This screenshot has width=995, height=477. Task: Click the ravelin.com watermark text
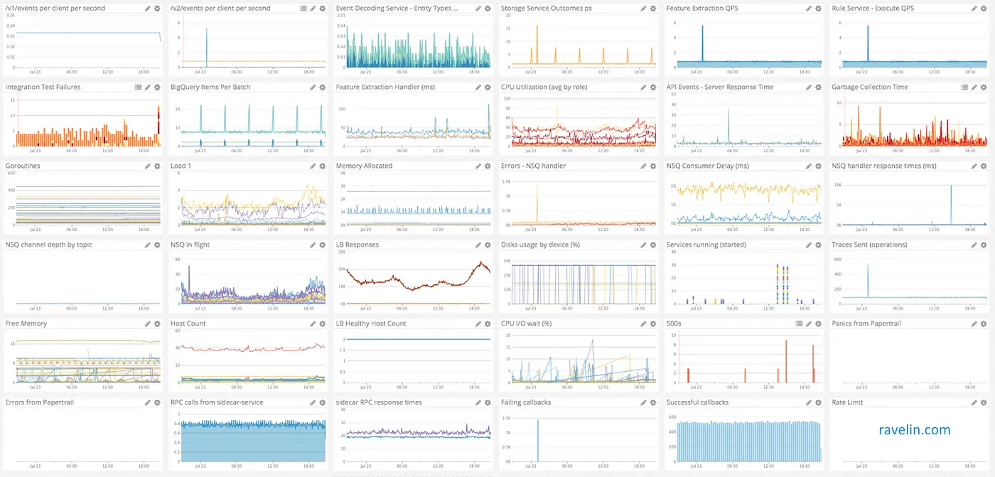click(914, 429)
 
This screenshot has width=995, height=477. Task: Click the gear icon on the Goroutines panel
click(157, 166)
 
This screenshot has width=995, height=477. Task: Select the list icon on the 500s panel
click(799, 324)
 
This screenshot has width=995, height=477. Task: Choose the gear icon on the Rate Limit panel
click(984, 403)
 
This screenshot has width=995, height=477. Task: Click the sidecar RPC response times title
click(379, 403)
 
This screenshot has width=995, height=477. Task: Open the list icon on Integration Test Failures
click(138, 87)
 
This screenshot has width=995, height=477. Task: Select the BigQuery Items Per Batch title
click(210, 87)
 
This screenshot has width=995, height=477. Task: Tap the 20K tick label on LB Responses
click(341, 270)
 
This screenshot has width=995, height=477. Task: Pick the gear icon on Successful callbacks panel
click(819, 403)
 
